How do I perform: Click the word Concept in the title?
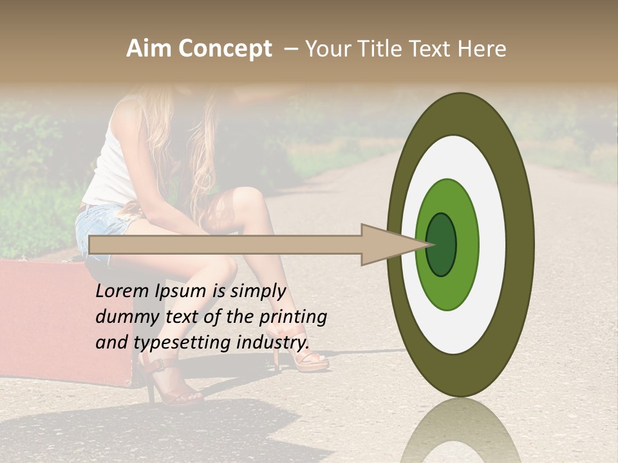point(225,50)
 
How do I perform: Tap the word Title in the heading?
point(380,49)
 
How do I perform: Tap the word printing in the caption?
point(293,317)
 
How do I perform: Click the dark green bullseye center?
point(442,245)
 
